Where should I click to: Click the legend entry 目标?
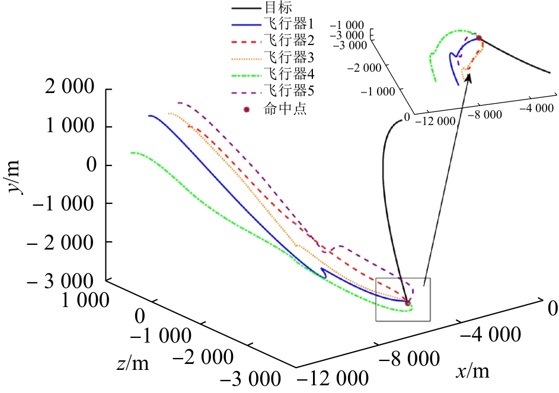pos(274,9)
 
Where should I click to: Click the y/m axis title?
pos(21,176)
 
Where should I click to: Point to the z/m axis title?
pos(133,364)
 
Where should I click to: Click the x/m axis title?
pos(473,372)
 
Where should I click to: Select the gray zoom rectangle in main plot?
pos(403,299)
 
